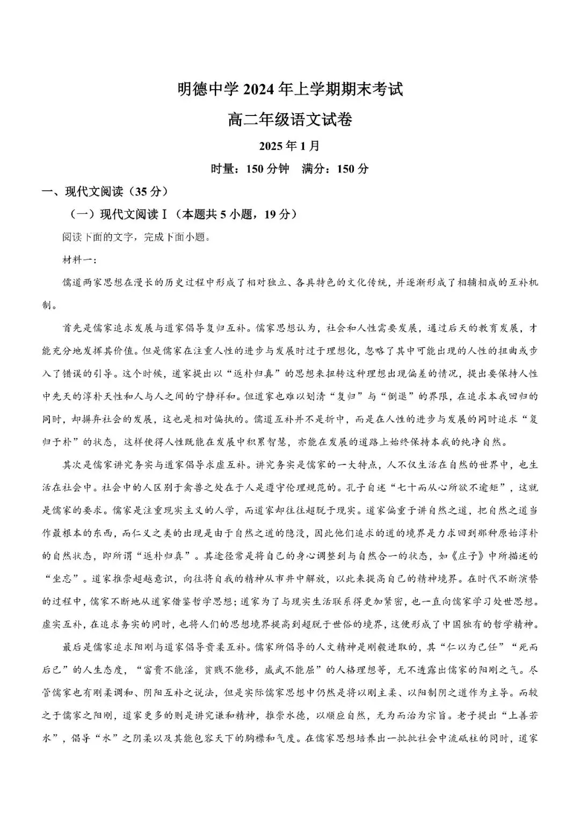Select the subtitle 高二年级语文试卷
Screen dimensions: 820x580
290,120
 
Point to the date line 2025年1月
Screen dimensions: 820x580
289,146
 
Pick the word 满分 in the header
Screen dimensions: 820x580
314,169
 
